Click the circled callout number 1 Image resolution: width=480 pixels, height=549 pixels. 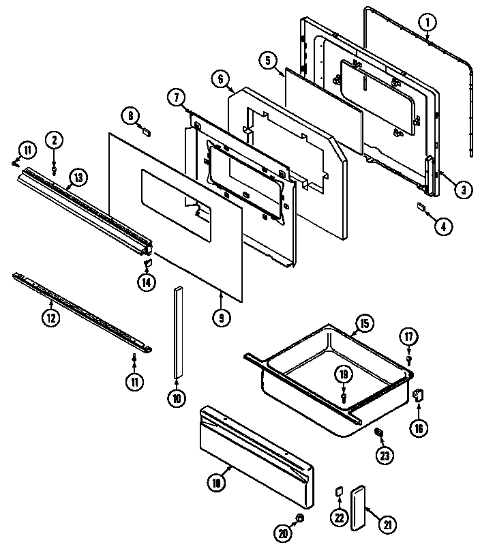tap(427, 23)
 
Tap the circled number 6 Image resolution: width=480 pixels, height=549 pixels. tap(220, 79)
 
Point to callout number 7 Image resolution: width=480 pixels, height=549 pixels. tap(176, 98)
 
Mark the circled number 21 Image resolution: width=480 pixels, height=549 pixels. tap(387, 525)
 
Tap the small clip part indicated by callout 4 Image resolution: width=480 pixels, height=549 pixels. tap(421, 207)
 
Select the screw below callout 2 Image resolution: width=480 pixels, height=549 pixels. tap(55, 163)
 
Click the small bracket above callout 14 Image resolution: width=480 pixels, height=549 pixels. tap(147, 262)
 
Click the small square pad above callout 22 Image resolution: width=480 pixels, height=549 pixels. tap(337, 492)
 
